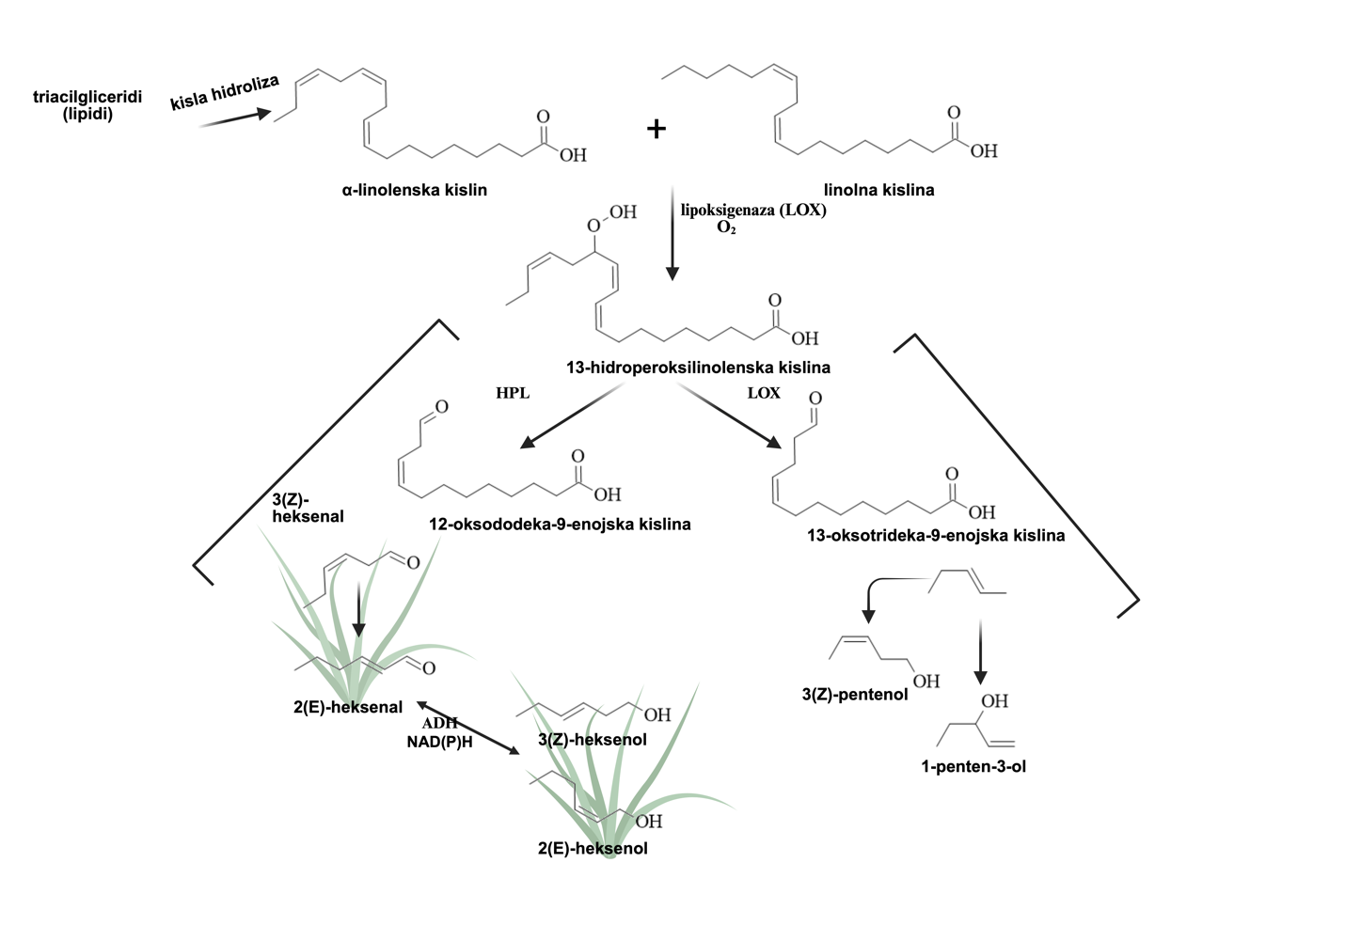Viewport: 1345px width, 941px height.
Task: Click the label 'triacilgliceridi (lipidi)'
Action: pyautogui.click(x=87, y=105)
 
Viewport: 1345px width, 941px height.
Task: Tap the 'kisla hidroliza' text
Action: pyautogui.click(x=225, y=93)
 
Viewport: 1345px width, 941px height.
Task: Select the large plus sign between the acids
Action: pyautogui.click(x=657, y=129)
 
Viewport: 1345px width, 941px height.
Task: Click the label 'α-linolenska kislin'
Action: pyautogui.click(x=415, y=190)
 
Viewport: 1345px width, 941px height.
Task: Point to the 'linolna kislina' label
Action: pyautogui.click(x=878, y=190)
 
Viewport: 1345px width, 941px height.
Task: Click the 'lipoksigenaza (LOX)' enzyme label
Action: pyautogui.click(x=753, y=210)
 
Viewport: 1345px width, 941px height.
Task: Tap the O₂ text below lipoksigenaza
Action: pyautogui.click(x=726, y=227)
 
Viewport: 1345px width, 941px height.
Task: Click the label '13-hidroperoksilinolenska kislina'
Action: pyautogui.click(x=698, y=367)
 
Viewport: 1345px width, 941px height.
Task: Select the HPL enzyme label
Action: pyautogui.click(x=513, y=393)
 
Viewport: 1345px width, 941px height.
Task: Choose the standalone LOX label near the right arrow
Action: pyautogui.click(x=764, y=393)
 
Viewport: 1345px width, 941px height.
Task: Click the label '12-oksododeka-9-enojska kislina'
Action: pyautogui.click(x=560, y=524)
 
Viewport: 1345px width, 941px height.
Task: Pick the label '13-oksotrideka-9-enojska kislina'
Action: pyautogui.click(x=936, y=536)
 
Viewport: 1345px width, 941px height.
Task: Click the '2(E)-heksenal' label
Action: pyautogui.click(x=347, y=707)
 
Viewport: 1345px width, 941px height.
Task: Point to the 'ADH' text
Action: pyautogui.click(x=439, y=723)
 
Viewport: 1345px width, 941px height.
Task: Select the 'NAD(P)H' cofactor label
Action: pyautogui.click(x=439, y=741)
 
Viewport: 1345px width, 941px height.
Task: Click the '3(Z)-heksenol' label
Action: pyautogui.click(x=592, y=739)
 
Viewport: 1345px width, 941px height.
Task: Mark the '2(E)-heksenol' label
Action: pyautogui.click(x=593, y=848)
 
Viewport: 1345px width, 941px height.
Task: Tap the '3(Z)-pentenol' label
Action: pyautogui.click(x=854, y=694)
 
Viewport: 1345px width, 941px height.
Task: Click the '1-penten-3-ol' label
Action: pyautogui.click(x=973, y=766)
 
